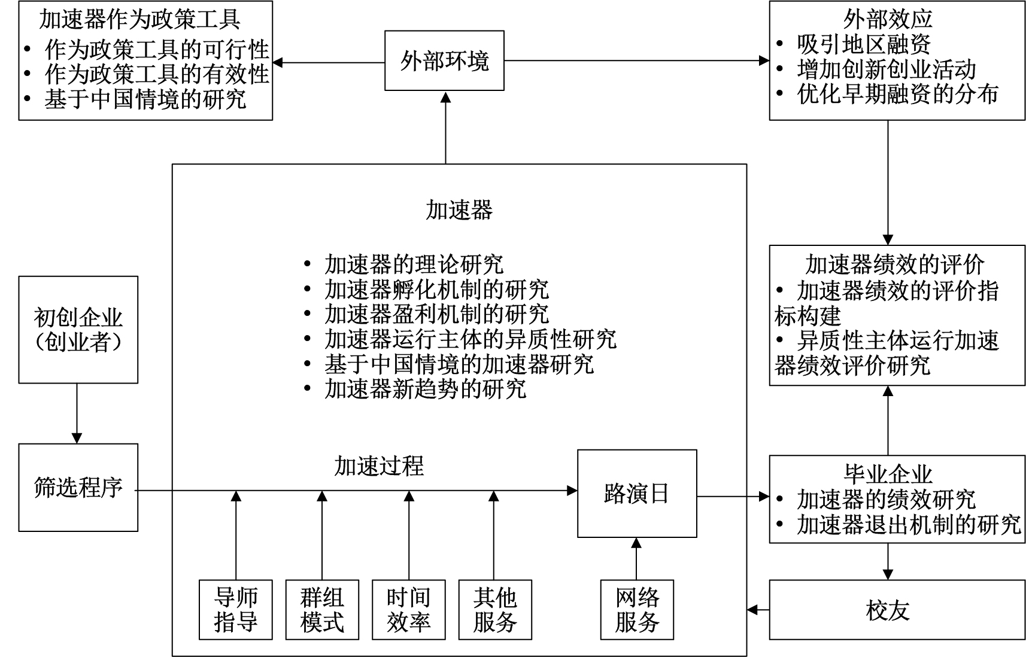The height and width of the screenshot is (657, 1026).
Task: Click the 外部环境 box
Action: tap(444, 60)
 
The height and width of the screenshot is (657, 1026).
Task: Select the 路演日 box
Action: tap(636, 493)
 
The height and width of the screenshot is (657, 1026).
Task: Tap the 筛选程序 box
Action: tap(78, 488)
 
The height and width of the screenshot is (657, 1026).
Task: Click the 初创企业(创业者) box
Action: tap(78, 329)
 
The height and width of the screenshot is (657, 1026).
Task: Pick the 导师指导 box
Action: tap(236, 610)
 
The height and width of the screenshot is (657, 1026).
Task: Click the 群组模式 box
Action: tap(322, 610)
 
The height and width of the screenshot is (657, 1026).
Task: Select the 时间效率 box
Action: tap(409, 610)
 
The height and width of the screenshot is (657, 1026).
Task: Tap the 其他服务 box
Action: tap(494, 610)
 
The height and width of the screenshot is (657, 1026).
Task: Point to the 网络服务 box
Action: tap(637, 610)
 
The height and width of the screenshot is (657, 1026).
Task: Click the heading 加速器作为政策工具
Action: tap(139, 19)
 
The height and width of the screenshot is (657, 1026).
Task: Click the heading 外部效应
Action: tap(888, 19)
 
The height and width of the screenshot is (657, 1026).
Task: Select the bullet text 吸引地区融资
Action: tap(864, 44)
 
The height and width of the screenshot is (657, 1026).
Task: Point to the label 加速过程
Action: tap(379, 466)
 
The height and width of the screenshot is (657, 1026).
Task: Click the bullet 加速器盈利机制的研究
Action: tap(436, 314)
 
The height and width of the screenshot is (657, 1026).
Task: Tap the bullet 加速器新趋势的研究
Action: tap(426, 390)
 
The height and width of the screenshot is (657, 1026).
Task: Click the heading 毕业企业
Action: tap(888, 474)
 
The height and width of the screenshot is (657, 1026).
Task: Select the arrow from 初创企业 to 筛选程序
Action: tap(77, 413)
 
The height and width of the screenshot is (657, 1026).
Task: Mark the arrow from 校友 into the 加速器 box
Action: tap(758, 610)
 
